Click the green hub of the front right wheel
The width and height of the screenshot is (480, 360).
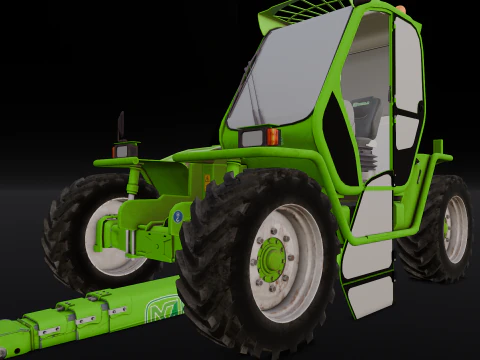tap(271, 261)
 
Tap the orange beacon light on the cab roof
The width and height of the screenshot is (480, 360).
tap(401, 8)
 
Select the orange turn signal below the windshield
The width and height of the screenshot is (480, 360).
tap(272, 137)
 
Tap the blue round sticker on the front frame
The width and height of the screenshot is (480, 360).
tap(178, 215)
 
